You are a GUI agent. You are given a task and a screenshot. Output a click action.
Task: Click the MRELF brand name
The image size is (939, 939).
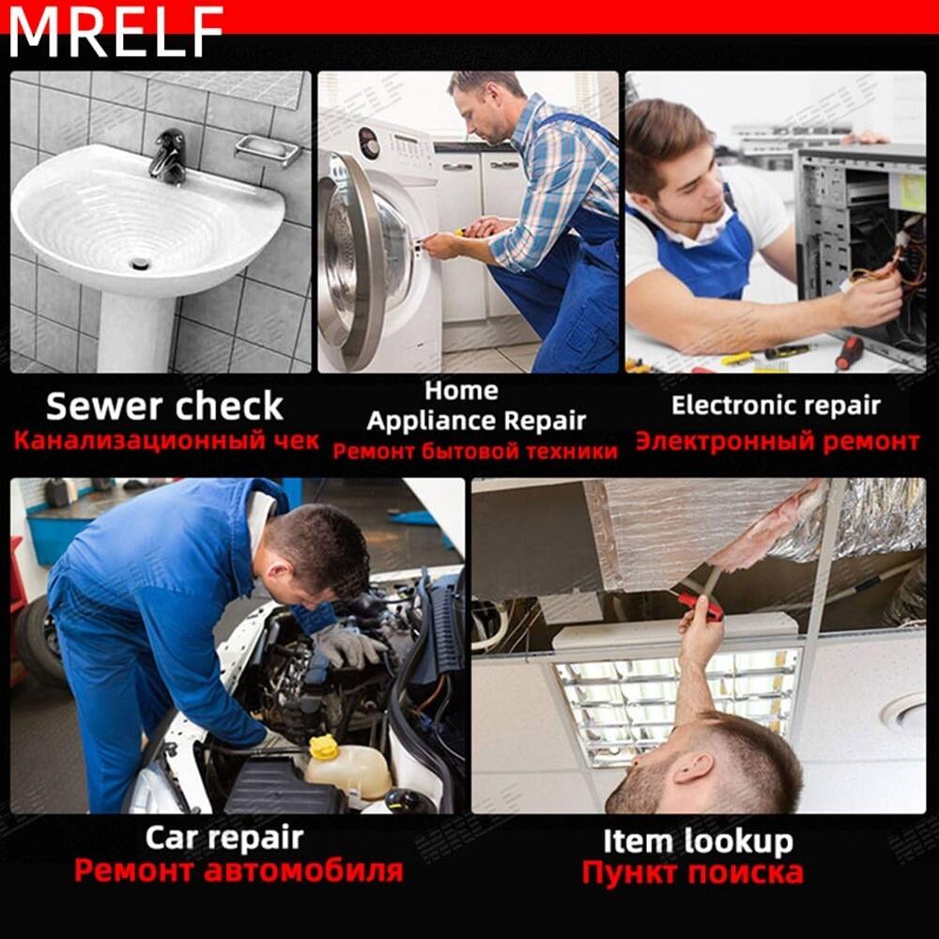(116, 32)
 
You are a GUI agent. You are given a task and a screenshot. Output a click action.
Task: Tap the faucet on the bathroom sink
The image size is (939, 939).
(169, 157)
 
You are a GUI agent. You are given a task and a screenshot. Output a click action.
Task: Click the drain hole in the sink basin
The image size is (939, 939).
(140, 263)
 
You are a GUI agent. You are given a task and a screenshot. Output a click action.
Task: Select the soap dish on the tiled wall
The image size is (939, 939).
(268, 149)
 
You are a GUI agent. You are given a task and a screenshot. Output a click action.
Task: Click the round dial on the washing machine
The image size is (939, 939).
(367, 143)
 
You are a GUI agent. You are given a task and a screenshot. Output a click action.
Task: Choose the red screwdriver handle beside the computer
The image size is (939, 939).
(849, 353)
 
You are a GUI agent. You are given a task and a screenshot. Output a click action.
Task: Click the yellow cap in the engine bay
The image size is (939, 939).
(324, 747)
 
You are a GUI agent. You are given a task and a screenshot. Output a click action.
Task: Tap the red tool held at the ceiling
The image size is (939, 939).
(700, 606)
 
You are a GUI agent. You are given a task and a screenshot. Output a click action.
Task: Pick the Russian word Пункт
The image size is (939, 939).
(631, 872)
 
